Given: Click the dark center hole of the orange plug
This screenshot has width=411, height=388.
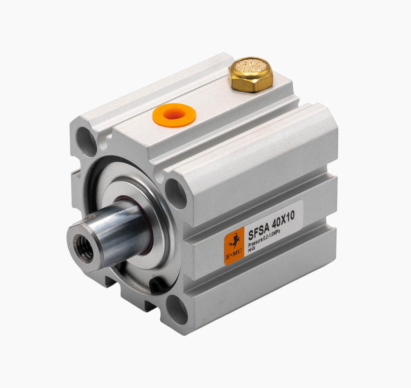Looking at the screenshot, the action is point(174,114).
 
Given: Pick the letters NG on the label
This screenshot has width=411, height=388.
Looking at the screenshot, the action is point(251,248).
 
